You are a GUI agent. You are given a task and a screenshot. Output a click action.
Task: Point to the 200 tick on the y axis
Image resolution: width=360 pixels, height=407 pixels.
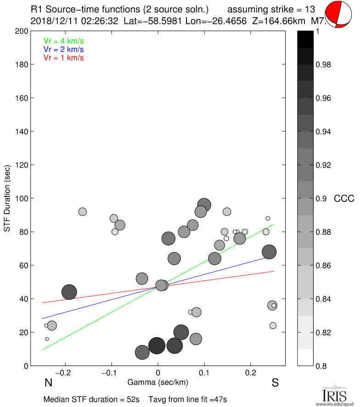click(x=23, y=31)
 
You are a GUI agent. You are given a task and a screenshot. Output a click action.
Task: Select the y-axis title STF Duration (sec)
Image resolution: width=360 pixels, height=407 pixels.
click(x=8, y=198)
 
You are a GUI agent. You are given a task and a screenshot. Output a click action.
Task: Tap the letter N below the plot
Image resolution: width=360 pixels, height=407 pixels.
click(x=48, y=383)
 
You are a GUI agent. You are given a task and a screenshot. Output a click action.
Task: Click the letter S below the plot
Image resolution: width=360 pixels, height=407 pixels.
click(x=275, y=383)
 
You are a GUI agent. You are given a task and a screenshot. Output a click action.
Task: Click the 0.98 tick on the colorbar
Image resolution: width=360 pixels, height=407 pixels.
click(x=323, y=65)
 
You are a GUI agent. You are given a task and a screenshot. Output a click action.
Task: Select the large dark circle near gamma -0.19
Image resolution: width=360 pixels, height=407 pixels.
click(x=69, y=292)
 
